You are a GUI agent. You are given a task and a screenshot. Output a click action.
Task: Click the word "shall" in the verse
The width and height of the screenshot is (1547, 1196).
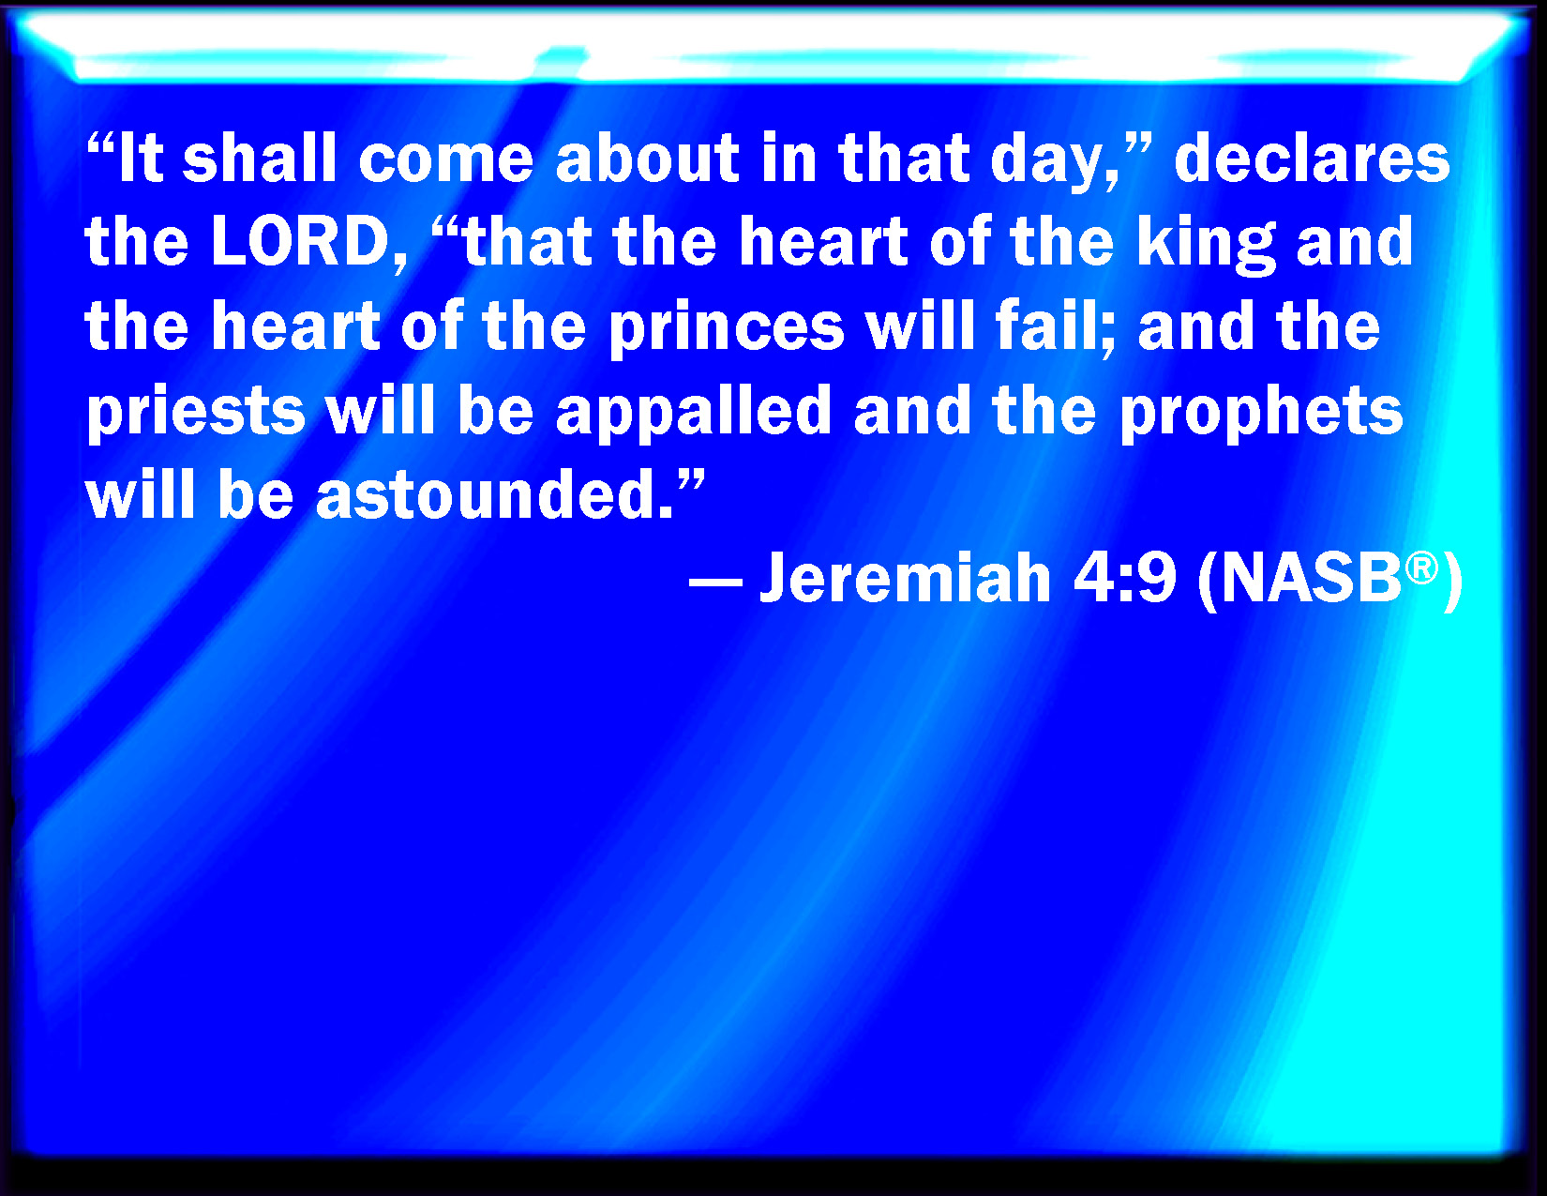click(x=259, y=158)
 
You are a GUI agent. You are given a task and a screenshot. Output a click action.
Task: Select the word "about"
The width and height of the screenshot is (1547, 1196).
click(x=647, y=158)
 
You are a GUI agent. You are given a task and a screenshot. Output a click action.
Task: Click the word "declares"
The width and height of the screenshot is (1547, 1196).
click(x=1312, y=158)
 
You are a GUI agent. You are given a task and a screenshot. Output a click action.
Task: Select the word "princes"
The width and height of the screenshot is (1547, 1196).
click(x=727, y=330)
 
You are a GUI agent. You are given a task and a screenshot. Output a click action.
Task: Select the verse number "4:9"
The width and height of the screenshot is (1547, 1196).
click(x=1125, y=578)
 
